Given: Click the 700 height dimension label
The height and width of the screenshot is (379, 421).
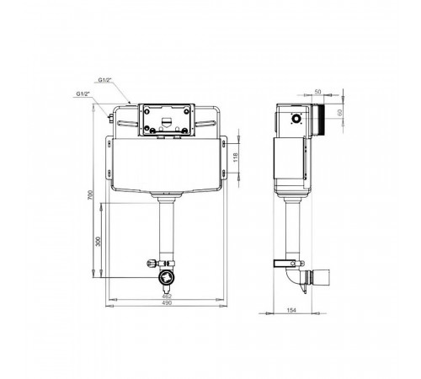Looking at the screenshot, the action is point(90,195).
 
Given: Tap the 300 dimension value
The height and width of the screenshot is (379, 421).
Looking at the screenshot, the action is point(98,242).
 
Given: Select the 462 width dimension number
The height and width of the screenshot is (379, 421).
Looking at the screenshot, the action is point(167,296).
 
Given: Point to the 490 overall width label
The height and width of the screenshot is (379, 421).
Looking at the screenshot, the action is point(167,302).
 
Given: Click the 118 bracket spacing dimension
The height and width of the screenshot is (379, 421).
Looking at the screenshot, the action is point(236,157).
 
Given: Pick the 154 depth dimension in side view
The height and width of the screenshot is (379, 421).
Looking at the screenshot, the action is point(291,310).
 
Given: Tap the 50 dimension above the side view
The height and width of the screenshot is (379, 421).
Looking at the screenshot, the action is point(317,92).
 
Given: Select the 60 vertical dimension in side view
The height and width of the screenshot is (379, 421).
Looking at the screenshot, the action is point(339,113).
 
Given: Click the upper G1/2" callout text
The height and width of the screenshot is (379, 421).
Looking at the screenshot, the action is point(105,80).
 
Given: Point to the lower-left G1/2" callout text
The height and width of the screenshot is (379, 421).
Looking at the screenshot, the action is point(83,93).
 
